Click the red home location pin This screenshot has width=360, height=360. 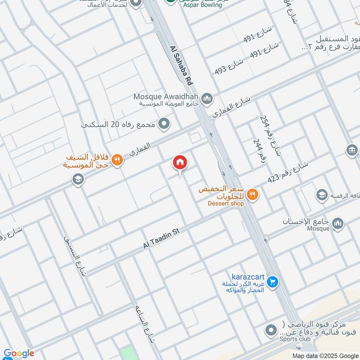[x=180, y=163]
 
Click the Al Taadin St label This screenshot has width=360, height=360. [x=161, y=238]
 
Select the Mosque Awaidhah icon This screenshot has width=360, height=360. [x=207, y=98]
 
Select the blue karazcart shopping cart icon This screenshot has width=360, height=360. [x=272, y=282]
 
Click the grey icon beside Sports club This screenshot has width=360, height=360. [x=270, y=330]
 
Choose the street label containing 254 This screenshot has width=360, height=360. [x=270, y=135]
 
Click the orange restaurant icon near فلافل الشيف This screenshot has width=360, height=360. [x=117, y=160]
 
